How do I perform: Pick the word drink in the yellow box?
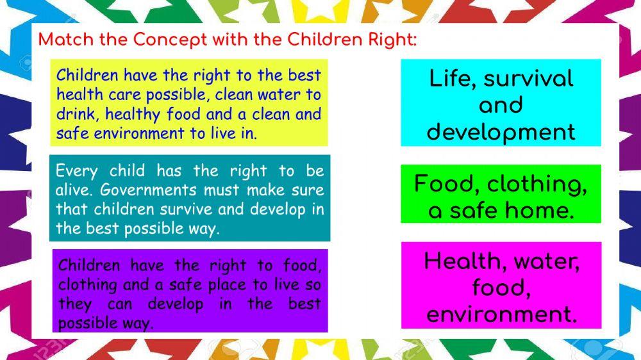click(x=76, y=115)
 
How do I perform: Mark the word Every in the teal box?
click(x=77, y=171)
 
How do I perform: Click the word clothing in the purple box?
click(x=87, y=284)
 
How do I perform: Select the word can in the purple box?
click(x=119, y=304)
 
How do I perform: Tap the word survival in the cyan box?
click(x=529, y=79)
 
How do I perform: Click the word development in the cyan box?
click(x=501, y=132)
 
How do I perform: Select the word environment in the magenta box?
click(x=501, y=315)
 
